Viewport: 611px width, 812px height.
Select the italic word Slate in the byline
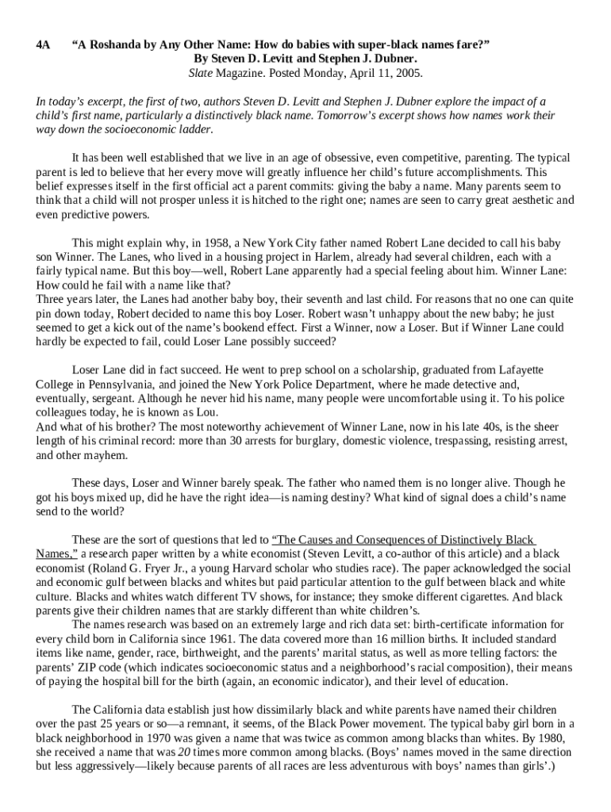pyautogui.click(x=202, y=73)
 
